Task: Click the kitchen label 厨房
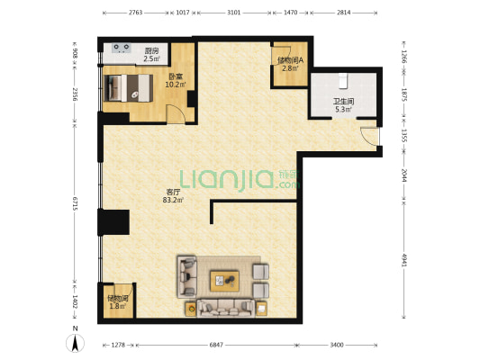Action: pos(151,50)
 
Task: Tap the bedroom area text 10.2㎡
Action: pos(176,85)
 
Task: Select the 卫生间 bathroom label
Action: pos(343,101)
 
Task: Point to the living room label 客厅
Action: pos(173,192)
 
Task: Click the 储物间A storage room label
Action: pos(290,60)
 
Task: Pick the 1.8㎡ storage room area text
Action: pos(118,306)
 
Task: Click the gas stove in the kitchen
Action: pos(122,48)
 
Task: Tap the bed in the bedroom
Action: pos(129,88)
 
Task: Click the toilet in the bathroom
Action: pos(343,81)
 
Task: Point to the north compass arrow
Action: pos(75,343)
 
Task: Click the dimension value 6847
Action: pos(216,345)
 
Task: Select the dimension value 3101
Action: pos(233,13)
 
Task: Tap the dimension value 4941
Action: pos(404,260)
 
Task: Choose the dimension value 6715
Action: pos(75,203)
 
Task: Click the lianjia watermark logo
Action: pos(240,181)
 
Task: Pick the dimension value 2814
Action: pos(343,13)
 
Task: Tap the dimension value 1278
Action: pos(118,345)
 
